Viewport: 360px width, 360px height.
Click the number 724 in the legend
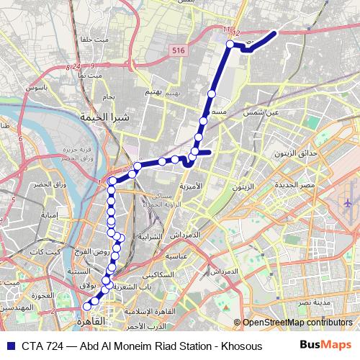pos(55,346)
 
